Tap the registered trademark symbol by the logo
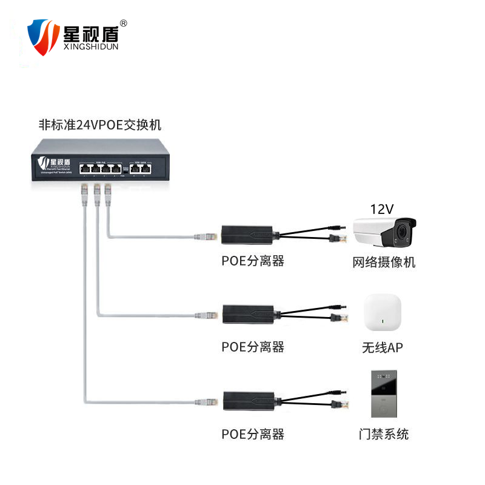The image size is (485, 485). (x=124, y=23)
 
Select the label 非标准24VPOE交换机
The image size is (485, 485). (x=100, y=125)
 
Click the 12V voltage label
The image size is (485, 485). (x=382, y=210)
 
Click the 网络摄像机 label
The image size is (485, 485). (x=384, y=263)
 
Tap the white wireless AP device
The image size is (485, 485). (x=383, y=313)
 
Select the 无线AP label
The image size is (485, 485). (x=383, y=347)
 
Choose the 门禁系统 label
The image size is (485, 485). (x=383, y=434)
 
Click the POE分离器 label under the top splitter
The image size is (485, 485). (x=253, y=262)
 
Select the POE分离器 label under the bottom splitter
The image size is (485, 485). (x=253, y=434)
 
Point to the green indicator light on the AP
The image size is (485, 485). (x=383, y=321)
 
